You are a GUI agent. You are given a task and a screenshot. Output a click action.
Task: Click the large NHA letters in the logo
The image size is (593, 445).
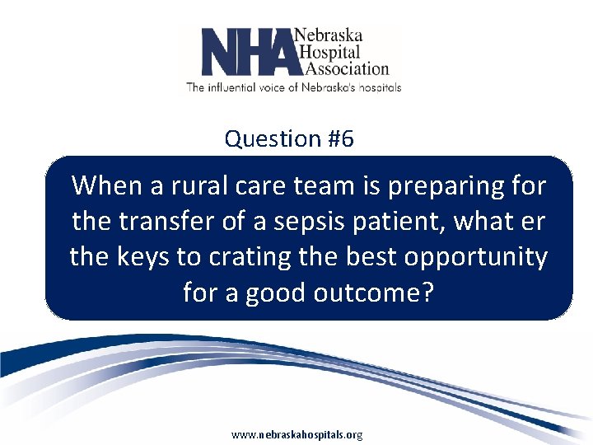(x=247, y=52)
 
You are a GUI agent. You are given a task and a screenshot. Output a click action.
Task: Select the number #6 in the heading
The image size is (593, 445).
(x=339, y=139)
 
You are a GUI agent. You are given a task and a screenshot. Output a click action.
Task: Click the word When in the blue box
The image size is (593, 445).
(x=106, y=186)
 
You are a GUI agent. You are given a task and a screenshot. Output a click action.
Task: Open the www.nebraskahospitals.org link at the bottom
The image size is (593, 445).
(x=296, y=434)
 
